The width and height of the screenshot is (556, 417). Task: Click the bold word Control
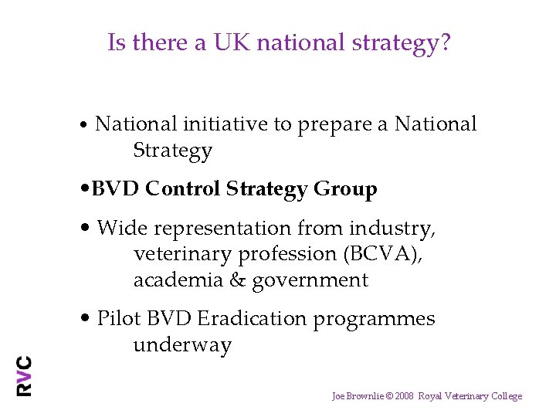click(x=184, y=189)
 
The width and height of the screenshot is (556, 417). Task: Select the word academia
click(x=178, y=280)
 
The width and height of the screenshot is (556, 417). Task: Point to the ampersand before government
click(x=237, y=280)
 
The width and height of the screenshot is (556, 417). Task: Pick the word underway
click(x=182, y=345)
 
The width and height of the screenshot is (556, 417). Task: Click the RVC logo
click(x=25, y=376)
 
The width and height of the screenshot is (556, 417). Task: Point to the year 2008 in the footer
click(x=404, y=396)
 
